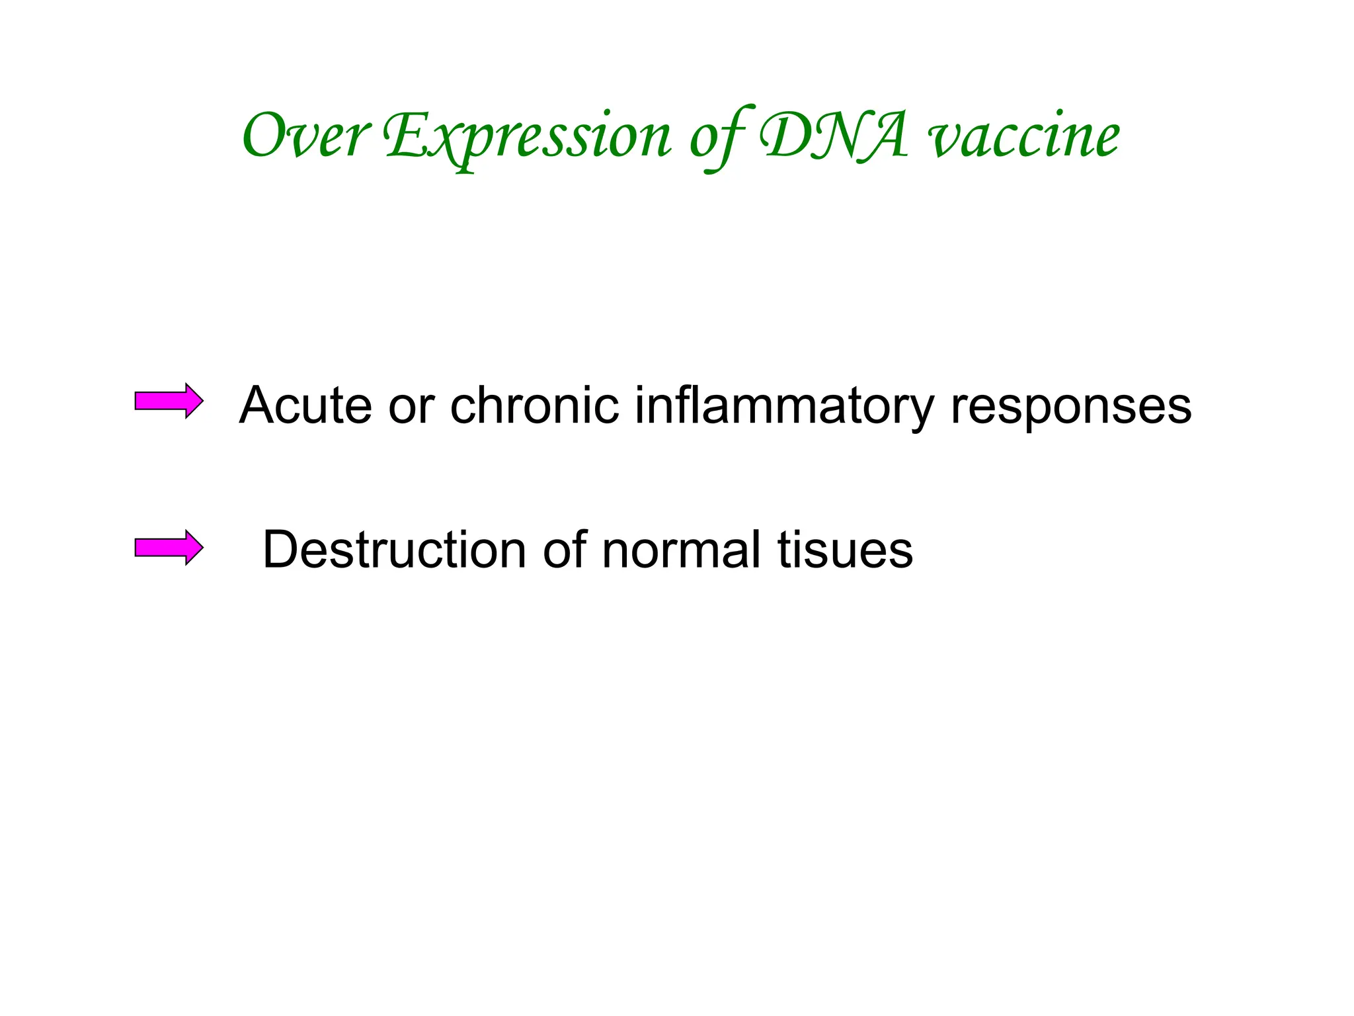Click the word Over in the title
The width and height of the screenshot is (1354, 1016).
(305, 136)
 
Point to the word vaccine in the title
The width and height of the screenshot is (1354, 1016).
(1024, 138)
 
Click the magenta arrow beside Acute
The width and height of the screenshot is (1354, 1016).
(169, 401)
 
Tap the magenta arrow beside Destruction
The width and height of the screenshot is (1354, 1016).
(169, 548)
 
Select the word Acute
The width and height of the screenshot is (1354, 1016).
(305, 405)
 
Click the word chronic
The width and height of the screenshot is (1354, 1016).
(534, 405)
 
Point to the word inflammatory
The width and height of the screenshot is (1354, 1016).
(784, 406)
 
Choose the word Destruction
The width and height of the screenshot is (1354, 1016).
(394, 550)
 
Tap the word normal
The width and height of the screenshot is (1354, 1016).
(682, 550)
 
